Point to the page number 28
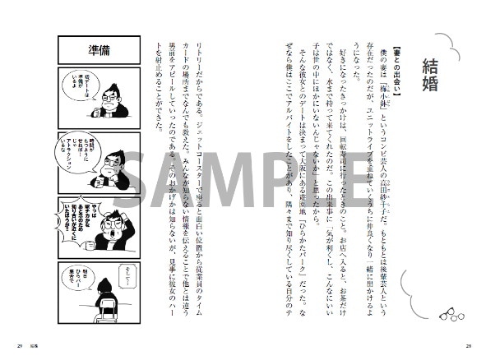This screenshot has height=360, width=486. [x=467, y=343]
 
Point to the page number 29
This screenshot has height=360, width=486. [x=19, y=343]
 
